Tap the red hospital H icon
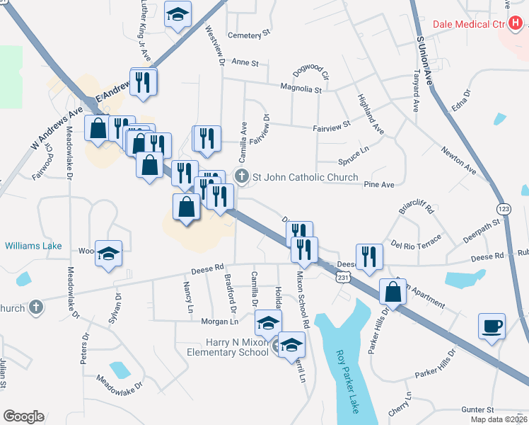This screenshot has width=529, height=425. pyautogui.click(x=515, y=23)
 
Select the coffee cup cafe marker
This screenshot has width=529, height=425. pyautogui.click(x=492, y=327)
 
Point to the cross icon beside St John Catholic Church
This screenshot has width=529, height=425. pyautogui.click(x=241, y=176)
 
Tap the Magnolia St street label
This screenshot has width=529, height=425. pyautogui.click(x=301, y=90)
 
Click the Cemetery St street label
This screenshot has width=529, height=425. pyautogui.click(x=249, y=33)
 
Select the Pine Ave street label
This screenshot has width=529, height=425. pyautogui.click(x=378, y=184)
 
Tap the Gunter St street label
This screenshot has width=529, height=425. pyautogui.click(x=477, y=409)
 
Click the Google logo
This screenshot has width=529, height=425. pyautogui.click(x=23, y=416)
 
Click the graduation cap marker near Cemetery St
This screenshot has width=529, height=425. pyautogui.click(x=178, y=13)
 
